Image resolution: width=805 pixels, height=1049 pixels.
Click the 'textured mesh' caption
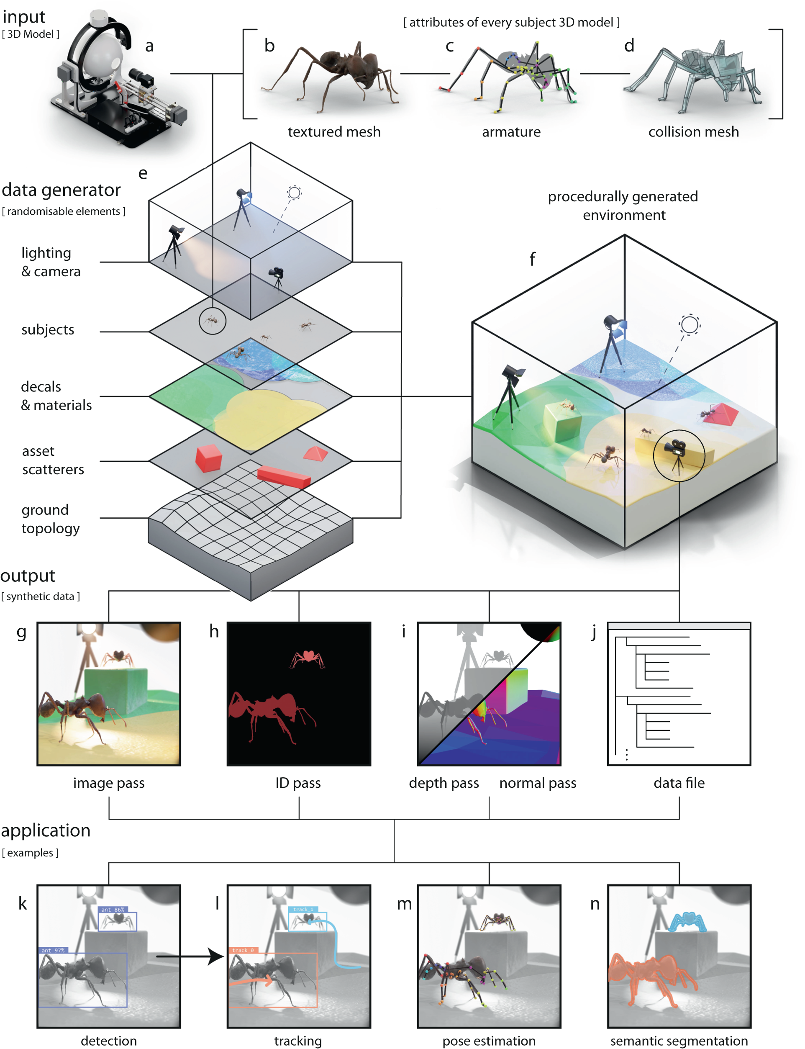coord(334,132)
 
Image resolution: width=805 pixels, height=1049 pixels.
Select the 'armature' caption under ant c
coord(511,132)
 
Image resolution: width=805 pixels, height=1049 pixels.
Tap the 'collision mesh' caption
coord(693,132)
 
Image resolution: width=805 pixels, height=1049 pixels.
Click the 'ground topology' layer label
coord(50,519)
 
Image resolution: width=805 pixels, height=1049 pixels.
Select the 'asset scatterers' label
coord(53,460)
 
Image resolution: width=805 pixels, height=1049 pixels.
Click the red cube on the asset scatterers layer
coord(208,458)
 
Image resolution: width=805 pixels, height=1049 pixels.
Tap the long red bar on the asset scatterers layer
coord(284,477)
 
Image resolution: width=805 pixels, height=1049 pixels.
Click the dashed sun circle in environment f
coord(689,324)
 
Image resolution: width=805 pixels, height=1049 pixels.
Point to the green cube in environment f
coord(563,422)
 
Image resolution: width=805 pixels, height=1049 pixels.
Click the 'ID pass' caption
coord(298,783)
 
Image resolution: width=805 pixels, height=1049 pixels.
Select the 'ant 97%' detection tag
coord(53,950)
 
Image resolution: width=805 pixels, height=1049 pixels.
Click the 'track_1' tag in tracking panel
coord(303,910)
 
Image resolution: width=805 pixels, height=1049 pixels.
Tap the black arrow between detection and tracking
coord(189,956)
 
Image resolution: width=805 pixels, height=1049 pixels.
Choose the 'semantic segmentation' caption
coord(679,1041)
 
